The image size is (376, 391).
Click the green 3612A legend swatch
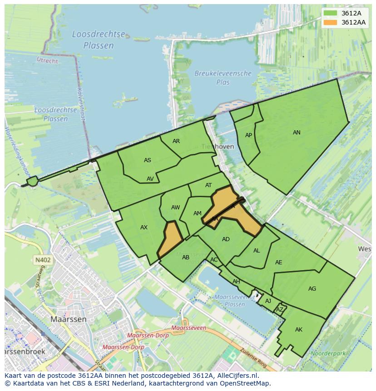click(331, 13)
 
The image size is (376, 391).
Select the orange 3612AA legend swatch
click(331, 22)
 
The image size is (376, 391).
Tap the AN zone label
click(297, 133)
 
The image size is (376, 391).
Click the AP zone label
click(248, 135)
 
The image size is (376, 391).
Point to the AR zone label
click(176, 141)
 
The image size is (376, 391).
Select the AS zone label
click(148, 160)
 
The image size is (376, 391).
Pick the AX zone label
click(144, 228)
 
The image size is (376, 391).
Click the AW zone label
click(175, 208)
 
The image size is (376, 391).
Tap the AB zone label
click(185, 257)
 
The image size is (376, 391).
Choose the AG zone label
click(312, 289)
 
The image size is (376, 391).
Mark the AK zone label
click(298, 330)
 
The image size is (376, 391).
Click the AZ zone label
click(280, 310)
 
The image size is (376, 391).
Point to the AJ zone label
click(268, 301)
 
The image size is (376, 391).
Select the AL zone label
click(257, 251)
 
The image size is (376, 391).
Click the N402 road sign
click(43, 260)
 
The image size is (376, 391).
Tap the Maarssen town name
click(68, 319)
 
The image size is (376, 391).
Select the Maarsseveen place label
click(189, 328)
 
